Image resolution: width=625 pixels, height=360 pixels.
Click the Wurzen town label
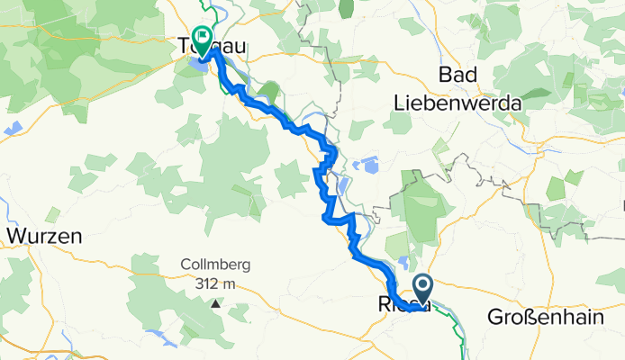pyautogui.click(x=44, y=237)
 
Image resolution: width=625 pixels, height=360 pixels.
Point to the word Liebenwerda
pyautogui.click(x=457, y=103)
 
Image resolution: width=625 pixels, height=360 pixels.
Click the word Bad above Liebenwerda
pyautogui.click(x=457, y=74)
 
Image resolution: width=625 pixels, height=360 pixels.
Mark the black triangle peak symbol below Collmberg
pyautogui.click(x=215, y=303)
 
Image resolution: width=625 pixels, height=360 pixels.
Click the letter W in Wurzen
pyautogui.click(x=16, y=237)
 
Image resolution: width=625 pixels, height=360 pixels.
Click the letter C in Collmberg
pyautogui.click(x=185, y=266)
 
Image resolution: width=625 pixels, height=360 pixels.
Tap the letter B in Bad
pyautogui.click(x=442, y=74)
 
